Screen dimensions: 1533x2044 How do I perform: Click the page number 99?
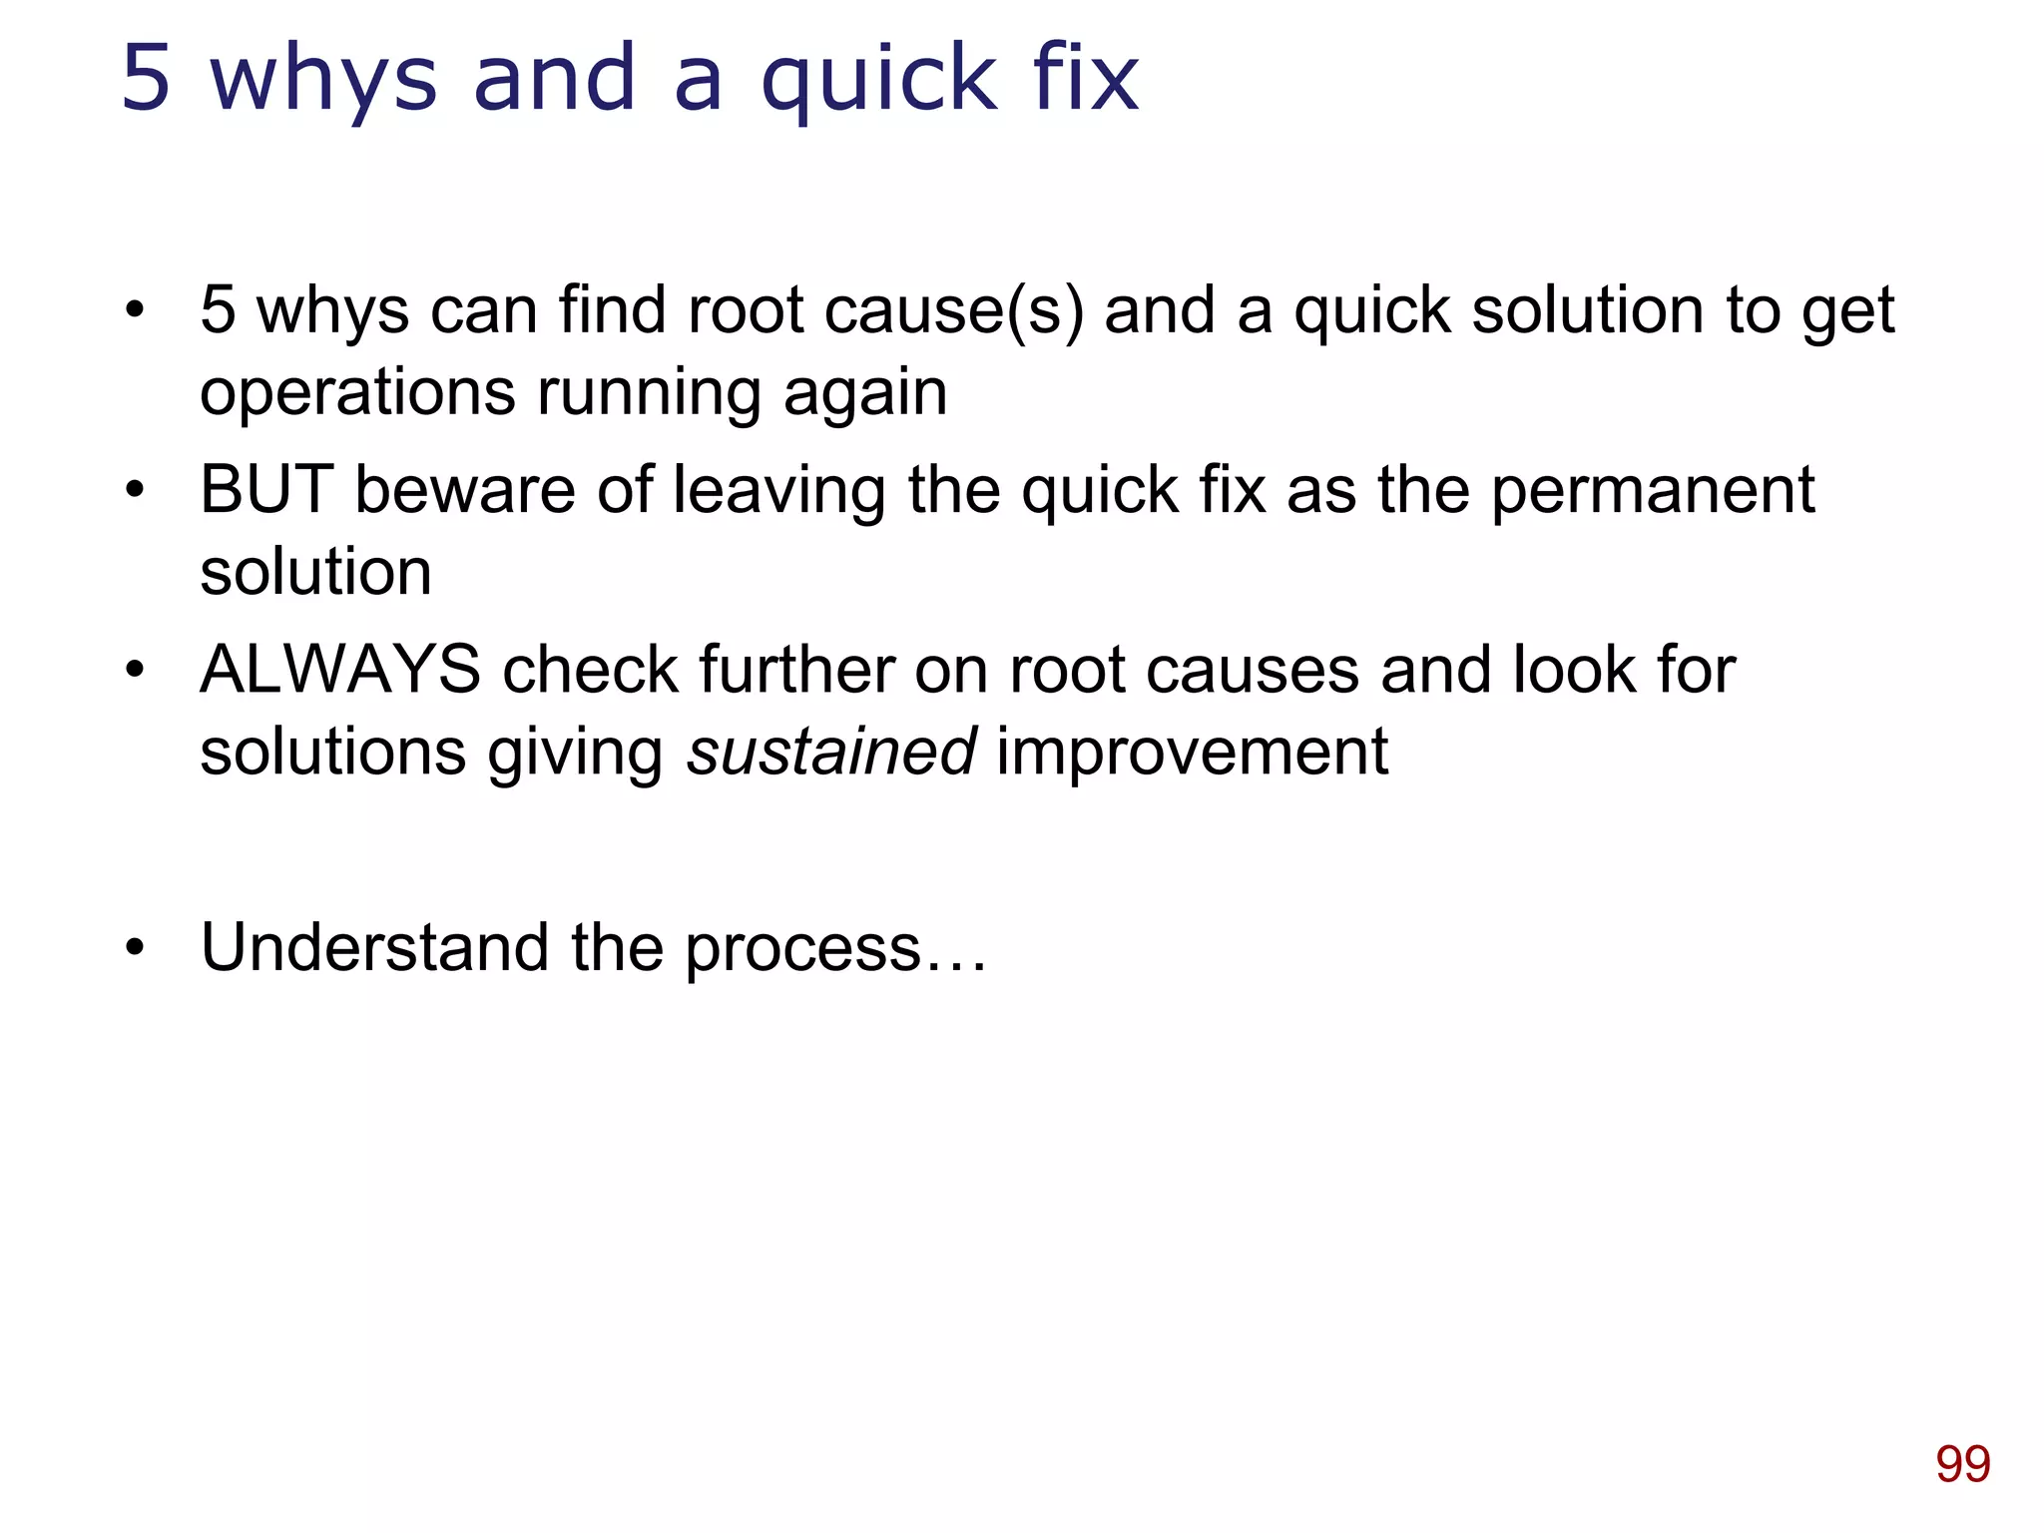pos(1962,1465)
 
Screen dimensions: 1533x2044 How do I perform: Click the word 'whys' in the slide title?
pos(323,80)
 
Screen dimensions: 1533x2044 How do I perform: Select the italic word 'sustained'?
pos(831,752)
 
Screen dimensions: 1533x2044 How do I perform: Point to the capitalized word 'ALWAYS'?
pos(340,670)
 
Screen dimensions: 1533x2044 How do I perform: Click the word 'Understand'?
pos(374,947)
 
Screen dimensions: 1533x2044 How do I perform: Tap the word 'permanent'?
pos(1653,492)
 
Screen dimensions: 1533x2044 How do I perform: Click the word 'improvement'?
pos(1192,752)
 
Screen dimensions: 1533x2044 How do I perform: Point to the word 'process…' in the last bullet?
pos(835,949)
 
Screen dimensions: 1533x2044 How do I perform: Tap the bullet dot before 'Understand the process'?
pos(136,947)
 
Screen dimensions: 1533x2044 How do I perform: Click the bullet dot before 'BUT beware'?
pos(136,490)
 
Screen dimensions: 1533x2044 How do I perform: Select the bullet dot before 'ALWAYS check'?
pos(136,670)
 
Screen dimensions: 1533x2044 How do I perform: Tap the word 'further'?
pos(795,670)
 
